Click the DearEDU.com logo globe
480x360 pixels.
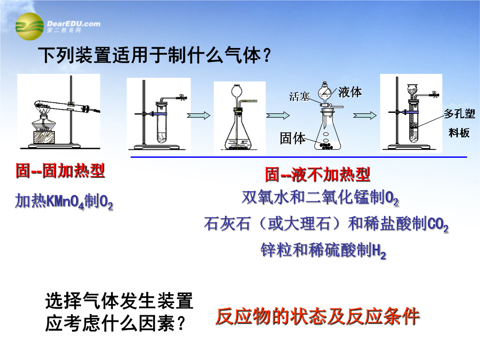coord(29,26)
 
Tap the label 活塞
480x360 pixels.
coord(300,97)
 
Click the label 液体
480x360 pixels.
coord(350,92)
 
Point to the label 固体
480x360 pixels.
coord(292,138)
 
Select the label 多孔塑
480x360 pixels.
coord(460,114)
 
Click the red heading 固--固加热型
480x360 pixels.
coord(60,171)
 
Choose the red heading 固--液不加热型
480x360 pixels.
coord(317,175)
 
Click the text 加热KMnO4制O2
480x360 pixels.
coord(64,201)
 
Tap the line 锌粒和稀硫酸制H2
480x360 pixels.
coord(323,250)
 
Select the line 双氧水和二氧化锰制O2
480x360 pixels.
coord(320,197)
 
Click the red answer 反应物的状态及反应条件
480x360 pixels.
coord(317,316)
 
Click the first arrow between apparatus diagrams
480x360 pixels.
coord(198,116)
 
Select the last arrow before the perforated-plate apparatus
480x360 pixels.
coord(364,116)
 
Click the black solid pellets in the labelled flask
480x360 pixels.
coord(326,146)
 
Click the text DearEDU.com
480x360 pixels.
coord(73,24)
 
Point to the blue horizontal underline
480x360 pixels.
coord(299,157)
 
